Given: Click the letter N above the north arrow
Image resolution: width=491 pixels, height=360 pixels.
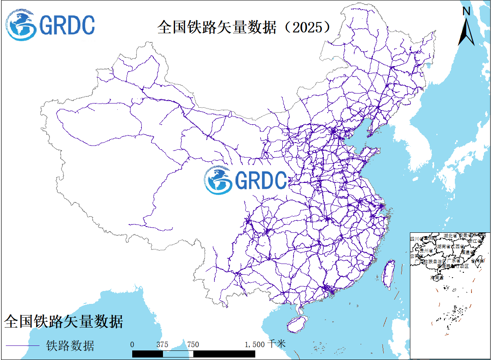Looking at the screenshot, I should click(466, 11).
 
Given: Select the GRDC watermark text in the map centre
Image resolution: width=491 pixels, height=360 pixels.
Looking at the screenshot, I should click(261, 180).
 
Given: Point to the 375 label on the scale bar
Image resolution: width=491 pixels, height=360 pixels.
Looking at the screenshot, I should click(163, 344).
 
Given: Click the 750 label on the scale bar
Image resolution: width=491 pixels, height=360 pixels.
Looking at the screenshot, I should click(193, 344).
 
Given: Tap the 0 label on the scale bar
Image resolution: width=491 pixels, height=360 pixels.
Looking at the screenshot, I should click(132, 344).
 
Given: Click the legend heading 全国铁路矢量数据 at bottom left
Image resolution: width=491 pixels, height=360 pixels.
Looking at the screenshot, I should click(64, 321).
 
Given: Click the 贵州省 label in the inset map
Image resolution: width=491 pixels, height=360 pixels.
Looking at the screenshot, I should click(426, 251).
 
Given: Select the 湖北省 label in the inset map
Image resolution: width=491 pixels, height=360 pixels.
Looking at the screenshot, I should click(450, 236).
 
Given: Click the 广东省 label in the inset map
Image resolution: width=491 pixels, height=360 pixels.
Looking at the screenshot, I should click(452, 261).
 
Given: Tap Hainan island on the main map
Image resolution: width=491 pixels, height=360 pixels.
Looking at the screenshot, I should click(296, 323).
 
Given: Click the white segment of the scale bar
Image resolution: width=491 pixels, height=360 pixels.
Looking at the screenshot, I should click(178, 354).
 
